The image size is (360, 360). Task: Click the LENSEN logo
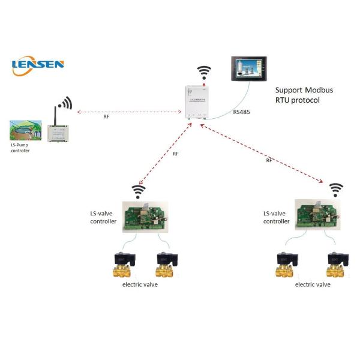(38, 65)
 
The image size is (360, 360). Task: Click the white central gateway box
(197, 102)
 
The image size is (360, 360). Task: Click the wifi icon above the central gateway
(204, 73)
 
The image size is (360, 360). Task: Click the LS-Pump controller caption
(20, 148)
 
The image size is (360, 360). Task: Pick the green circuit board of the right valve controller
(317, 215)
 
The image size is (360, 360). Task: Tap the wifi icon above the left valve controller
(139, 191)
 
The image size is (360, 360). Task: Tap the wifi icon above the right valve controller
(336, 190)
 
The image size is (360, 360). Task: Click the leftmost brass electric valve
(122, 265)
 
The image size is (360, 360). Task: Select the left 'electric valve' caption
(139, 284)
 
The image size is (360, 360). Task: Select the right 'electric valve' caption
(312, 284)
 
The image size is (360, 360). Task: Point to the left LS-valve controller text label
(102, 217)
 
